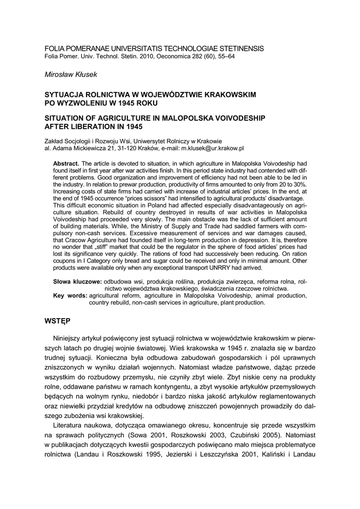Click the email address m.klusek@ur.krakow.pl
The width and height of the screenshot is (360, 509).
(213, 148)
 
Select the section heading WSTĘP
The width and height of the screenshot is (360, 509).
(58, 321)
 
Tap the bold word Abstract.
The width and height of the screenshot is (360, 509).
(66, 164)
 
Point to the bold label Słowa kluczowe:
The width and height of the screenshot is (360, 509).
(77, 281)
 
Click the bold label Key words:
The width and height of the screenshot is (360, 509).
(70, 295)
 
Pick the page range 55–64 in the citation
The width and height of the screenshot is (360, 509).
(224, 57)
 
